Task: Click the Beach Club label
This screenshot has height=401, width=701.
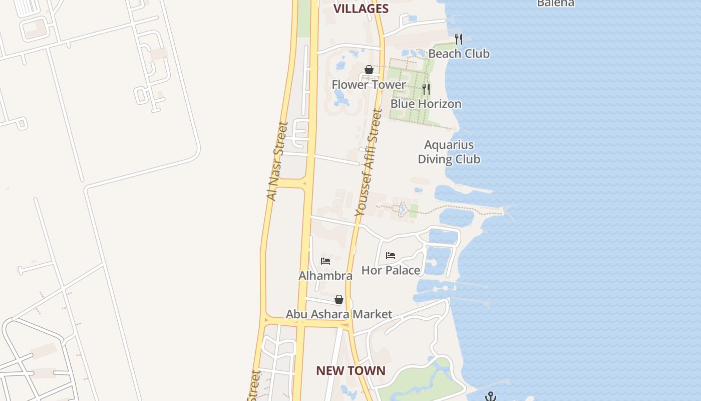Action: [x=459, y=54]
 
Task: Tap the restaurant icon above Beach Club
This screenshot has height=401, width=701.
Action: [x=459, y=39]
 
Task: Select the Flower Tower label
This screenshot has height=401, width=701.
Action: [x=369, y=85]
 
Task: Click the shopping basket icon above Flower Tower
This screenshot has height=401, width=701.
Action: [x=369, y=70]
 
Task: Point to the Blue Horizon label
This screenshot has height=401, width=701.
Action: [x=426, y=104]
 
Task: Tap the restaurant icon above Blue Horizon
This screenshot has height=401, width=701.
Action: [x=426, y=89]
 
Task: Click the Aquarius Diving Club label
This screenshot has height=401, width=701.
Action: [x=449, y=152]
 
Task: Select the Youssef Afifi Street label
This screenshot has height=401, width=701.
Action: [x=368, y=163]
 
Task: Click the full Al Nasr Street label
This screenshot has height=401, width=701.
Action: [x=277, y=161]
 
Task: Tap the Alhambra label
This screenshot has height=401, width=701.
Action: [x=325, y=276]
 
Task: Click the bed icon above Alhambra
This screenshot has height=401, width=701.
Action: [x=325, y=261]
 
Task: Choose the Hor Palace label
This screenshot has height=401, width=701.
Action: [x=391, y=270]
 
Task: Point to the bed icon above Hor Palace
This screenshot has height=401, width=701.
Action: [x=391, y=256]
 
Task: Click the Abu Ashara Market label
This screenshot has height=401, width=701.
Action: [x=338, y=314]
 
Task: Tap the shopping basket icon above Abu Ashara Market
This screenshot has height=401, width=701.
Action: [x=339, y=300]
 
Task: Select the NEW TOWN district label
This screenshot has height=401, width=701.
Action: [x=350, y=371]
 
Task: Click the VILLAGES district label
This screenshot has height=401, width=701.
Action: [x=361, y=9]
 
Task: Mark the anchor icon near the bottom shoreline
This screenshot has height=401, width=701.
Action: [x=491, y=396]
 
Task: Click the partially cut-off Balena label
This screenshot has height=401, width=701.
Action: [x=555, y=3]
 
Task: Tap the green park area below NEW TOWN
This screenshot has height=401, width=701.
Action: [x=426, y=383]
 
